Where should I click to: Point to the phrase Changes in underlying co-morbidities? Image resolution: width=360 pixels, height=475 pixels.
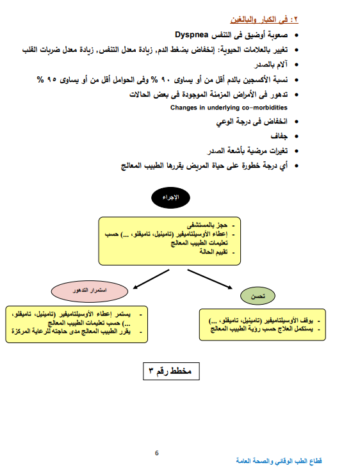click(x=229, y=108)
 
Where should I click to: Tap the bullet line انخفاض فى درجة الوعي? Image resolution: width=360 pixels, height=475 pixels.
click(x=251, y=121)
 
